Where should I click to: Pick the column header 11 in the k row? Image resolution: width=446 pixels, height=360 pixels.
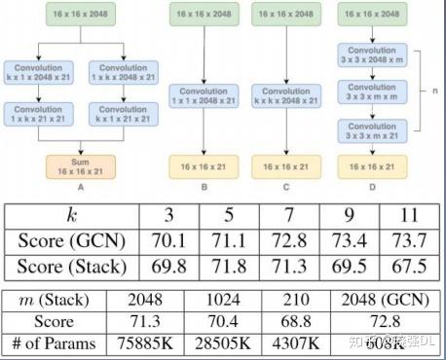407,214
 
